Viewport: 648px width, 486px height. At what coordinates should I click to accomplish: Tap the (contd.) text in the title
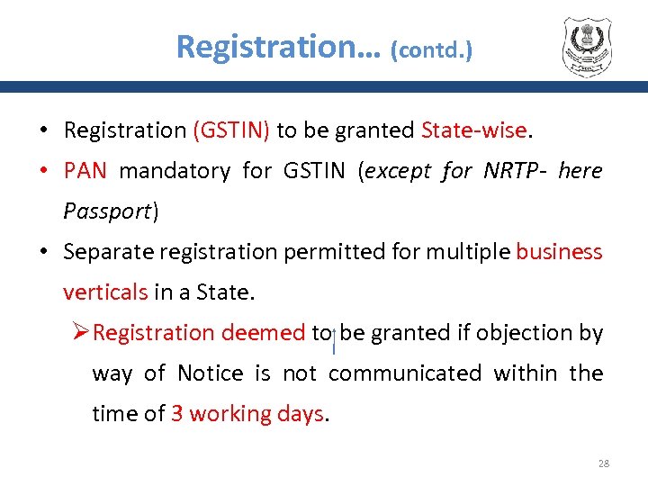(431, 49)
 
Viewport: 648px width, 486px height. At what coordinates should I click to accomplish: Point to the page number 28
(603, 463)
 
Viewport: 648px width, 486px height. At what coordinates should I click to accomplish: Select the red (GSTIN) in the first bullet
(231, 130)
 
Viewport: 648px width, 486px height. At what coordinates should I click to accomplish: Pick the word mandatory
(175, 171)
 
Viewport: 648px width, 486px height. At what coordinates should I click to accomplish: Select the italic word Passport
(107, 211)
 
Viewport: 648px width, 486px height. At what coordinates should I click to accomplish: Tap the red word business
(559, 252)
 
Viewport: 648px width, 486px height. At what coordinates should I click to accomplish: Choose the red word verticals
(105, 292)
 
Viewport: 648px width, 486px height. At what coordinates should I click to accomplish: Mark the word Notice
(211, 373)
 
